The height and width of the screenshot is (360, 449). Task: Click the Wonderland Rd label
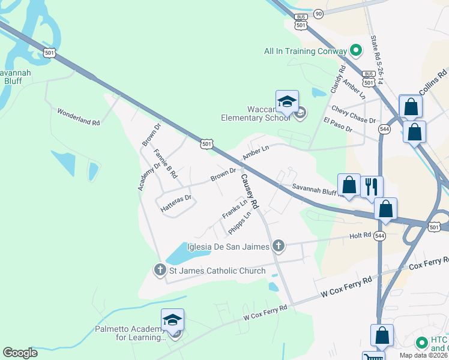tap(78, 117)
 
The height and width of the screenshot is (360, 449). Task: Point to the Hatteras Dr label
tap(176, 203)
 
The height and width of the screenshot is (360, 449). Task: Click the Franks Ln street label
tap(235, 210)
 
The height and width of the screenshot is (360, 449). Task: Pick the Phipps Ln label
tap(239, 223)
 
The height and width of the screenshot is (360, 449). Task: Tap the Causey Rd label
tap(250, 191)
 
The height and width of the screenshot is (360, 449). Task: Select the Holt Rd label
tap(361, 236)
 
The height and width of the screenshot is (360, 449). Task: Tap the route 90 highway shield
tap(318, 13)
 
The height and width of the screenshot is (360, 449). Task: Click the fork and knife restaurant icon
tap(371, 186)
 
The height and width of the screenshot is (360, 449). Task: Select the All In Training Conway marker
tap(355, 51)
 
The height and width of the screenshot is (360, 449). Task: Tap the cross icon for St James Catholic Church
tap(160, 270)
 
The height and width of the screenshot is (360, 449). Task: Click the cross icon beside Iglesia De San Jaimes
tap(278, 245)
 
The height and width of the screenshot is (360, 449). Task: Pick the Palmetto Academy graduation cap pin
tap(172, 320)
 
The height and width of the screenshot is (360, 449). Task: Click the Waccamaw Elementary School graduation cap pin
tap(287, 101)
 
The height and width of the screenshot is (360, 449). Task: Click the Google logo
tap(20, 353)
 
